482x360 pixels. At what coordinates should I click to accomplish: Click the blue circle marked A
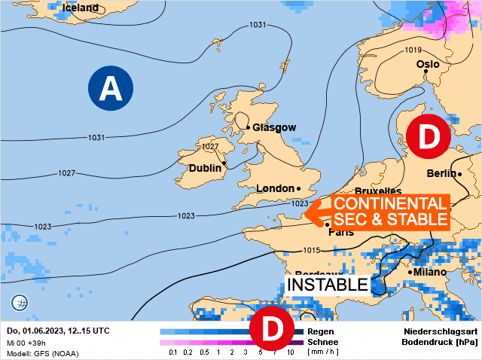click(111, 88)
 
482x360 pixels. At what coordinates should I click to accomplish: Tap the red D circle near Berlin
click(428, 136)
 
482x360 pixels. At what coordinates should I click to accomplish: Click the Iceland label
click(81, 8)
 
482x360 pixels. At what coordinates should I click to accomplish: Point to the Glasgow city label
click(274, 127)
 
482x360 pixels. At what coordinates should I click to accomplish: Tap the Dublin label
click(205, 168)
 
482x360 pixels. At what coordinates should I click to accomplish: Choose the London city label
click(275, 188)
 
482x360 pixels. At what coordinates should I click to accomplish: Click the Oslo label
click(427, 65)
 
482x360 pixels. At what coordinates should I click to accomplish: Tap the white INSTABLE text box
click(328, 285)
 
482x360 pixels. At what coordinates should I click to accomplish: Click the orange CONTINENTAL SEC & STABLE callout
click(388, 212)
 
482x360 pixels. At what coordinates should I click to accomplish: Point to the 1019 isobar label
click(413, 50)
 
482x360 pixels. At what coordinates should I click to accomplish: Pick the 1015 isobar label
click(311, 251)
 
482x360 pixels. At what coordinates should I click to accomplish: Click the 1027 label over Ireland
click(210, 146)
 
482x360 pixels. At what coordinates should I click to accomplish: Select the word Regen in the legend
click(321, 331)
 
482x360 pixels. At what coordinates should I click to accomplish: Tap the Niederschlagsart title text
click(440, 331)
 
